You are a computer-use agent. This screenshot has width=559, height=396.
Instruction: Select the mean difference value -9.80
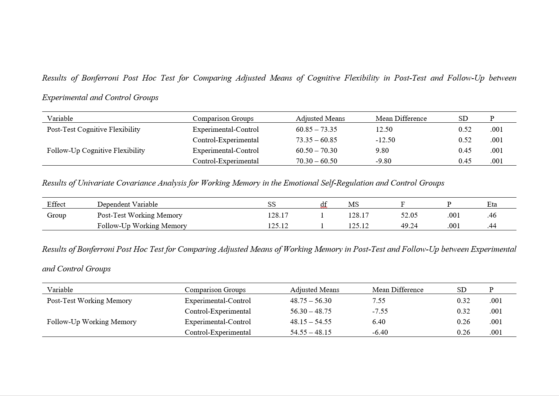click(x=383, y=161)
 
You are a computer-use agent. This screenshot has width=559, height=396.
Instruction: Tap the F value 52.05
click(x=409, y=215)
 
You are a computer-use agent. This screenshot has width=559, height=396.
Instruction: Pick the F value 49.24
click(x=409, y=226)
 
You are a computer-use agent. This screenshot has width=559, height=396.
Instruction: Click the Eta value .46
click(x=492, y=215)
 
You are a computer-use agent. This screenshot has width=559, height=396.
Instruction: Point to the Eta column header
click(x=492, y=204)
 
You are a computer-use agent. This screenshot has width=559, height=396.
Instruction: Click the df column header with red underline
click(x=323, y=204)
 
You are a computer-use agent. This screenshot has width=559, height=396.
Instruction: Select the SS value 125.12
click(x=278, y=226)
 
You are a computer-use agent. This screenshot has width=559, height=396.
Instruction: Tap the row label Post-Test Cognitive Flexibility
click(x=93, y=129)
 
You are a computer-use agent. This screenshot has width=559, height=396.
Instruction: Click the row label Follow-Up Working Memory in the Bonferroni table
click(x=91, y=322)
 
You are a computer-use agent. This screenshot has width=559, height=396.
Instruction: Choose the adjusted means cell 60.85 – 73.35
click(x=316, y=129)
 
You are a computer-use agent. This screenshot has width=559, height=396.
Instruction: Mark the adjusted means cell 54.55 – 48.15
click(x=311, y=332)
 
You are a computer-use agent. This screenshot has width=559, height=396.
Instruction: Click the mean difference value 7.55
click(x=379, y=301)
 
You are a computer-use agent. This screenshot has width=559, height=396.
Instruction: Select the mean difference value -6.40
click(x=380, y=332)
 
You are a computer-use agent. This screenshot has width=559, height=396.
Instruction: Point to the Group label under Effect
click(x=56, y=215)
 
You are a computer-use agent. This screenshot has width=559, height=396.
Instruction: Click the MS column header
click(x=353, y=204)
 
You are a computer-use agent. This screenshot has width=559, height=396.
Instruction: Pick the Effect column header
click(x=56, y=204)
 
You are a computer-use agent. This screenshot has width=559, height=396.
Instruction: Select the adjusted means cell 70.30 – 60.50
click(x=316, y=161)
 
